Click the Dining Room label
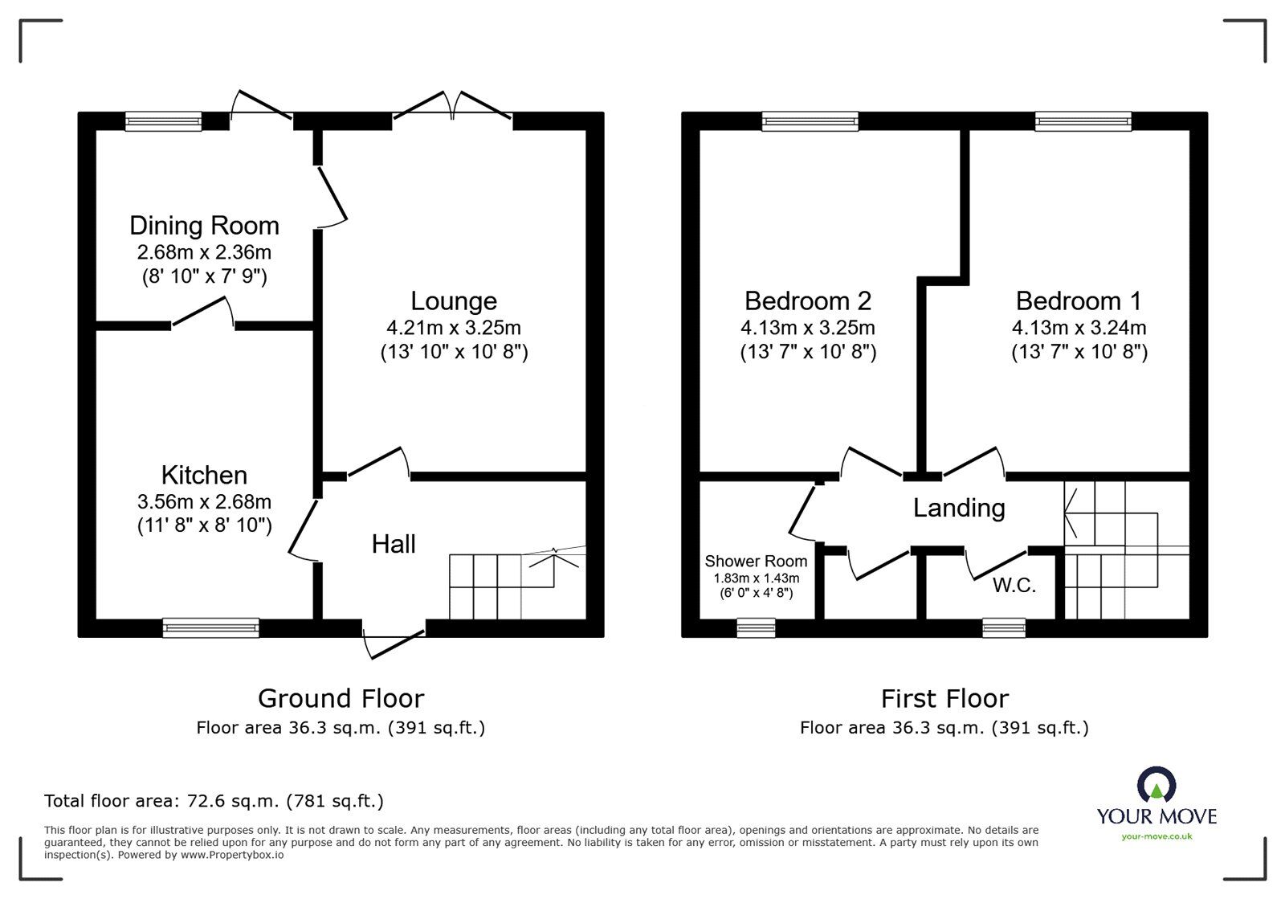click(x=204, y=226)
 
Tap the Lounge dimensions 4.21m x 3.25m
click(x=454, y=328)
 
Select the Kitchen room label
click(x=204, y=475)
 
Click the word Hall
click(x=394, y=544)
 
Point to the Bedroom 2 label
click(x=807, y=301)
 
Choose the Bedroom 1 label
click(x=1078, y=301)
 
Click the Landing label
click(x=959, y=508)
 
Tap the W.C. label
click(x=1014, y=586)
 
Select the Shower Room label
click(x=756, y=561)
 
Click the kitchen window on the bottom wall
click(x=211, y=627)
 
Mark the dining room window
click(x=164, y=121)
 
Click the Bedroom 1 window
click(x=1083, y=121)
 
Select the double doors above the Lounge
click(x=453, y=108)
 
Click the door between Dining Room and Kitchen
click(x=202, y=314)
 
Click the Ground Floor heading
click(x=341, y=698)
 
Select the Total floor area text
click(x=214, y=801)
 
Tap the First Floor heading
click(x=944, y=698)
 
